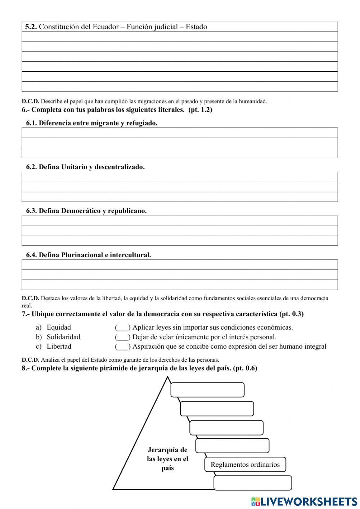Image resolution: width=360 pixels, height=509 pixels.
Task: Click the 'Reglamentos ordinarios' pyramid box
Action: (245, 464)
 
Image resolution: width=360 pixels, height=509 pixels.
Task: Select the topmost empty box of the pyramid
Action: (207, 390)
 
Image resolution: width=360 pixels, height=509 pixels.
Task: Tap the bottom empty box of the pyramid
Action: (253, 483)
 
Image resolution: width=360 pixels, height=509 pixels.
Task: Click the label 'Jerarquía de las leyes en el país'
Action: (168, 459)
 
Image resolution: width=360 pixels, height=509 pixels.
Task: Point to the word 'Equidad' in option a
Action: (59, 327)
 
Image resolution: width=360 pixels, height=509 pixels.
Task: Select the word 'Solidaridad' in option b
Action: (63, 337)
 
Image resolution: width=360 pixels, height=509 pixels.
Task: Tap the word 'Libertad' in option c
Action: (59, 347)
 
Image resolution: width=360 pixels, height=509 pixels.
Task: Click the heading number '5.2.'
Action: (31, 27)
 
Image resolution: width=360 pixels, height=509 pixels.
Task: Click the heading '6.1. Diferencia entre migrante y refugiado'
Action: (92, 123)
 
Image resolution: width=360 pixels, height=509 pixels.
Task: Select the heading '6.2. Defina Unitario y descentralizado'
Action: (85, 167)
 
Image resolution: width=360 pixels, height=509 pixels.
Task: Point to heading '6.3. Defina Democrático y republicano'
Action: (86, 211)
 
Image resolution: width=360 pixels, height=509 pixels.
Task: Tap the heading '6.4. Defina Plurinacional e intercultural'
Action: (89, 255)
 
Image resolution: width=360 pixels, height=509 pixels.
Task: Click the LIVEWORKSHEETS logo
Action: (304, 501)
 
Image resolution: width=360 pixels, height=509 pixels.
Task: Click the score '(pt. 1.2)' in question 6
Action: (200, 110)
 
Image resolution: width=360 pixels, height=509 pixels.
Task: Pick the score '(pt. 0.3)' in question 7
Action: (291, 314)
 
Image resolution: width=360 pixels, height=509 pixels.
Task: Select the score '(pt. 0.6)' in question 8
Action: (245, 369)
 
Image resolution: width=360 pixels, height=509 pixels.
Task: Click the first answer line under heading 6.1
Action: (180, 133)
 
